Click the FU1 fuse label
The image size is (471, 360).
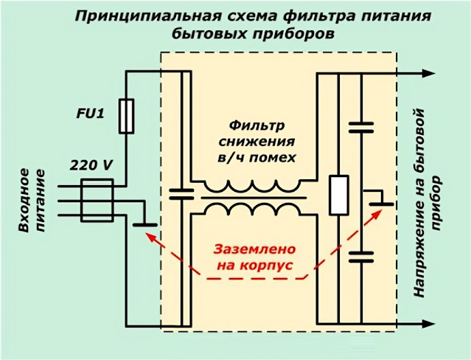point(91,114)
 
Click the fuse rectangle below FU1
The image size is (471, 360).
point(126,117)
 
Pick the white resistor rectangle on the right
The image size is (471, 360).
point(338,195)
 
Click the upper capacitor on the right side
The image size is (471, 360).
point(361,127)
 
